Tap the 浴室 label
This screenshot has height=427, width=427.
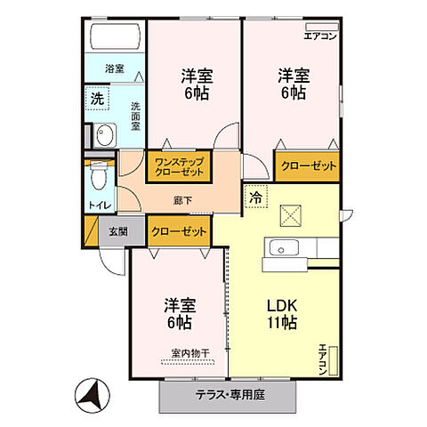pos(114,68)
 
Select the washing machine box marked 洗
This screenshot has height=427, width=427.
pos(96,99)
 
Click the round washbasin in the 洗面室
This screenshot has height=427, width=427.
pos(105,136)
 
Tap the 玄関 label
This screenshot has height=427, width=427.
pos(118,231)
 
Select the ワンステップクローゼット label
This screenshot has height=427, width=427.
pos(179,167)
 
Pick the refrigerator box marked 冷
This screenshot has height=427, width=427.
pos(255,197)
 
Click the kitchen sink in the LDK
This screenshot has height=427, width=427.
pos(286,248)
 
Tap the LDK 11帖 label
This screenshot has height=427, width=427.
pos(284,312)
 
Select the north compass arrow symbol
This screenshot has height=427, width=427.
pos(92,392)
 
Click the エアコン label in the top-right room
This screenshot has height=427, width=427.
pos(320,36)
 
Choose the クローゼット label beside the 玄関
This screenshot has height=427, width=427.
pos(179,231)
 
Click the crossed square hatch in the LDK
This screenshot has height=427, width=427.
pos(291,214)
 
